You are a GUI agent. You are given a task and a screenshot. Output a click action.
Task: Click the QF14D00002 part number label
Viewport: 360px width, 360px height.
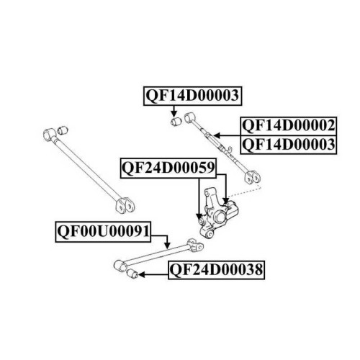[289, 126]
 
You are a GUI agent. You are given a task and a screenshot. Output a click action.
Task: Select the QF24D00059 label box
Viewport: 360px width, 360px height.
[168, 168]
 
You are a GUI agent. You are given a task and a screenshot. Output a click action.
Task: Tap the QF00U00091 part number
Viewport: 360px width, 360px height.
[103, 232]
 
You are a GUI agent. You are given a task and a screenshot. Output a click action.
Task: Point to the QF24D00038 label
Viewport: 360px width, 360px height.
[216, 270]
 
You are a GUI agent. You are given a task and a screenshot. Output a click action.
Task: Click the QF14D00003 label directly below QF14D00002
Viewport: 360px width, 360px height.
[289, 145]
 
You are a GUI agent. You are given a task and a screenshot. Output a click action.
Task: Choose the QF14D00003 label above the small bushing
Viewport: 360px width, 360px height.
[192, 96]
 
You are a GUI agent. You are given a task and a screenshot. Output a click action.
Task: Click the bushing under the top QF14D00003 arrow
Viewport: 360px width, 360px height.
[176, 122]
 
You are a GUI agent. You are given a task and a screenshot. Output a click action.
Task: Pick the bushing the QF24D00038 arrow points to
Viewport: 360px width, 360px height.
[132, 274]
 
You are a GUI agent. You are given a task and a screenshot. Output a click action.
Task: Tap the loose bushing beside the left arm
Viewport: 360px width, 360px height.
[63, 130]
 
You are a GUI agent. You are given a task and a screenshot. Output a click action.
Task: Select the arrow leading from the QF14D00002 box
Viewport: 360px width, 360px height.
[227, 136]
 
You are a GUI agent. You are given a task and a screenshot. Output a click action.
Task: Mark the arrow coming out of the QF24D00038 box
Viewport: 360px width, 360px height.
[153, 274]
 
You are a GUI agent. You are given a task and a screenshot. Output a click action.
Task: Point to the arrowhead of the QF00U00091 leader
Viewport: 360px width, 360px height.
[167, 246]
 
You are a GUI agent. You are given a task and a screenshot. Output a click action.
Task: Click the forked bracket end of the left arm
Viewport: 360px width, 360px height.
[125, 205]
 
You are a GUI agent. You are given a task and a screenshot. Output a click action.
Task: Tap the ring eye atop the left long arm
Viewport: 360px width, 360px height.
[49, 135]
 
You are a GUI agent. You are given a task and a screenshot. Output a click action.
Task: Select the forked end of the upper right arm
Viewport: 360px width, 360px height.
[252, 177]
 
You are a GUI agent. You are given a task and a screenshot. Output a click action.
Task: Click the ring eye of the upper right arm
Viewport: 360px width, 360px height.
[189, 117]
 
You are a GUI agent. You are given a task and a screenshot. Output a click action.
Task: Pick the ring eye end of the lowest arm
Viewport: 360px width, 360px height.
[120, 265]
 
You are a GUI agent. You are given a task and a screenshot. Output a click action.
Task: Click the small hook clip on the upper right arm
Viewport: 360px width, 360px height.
[230, 149]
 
